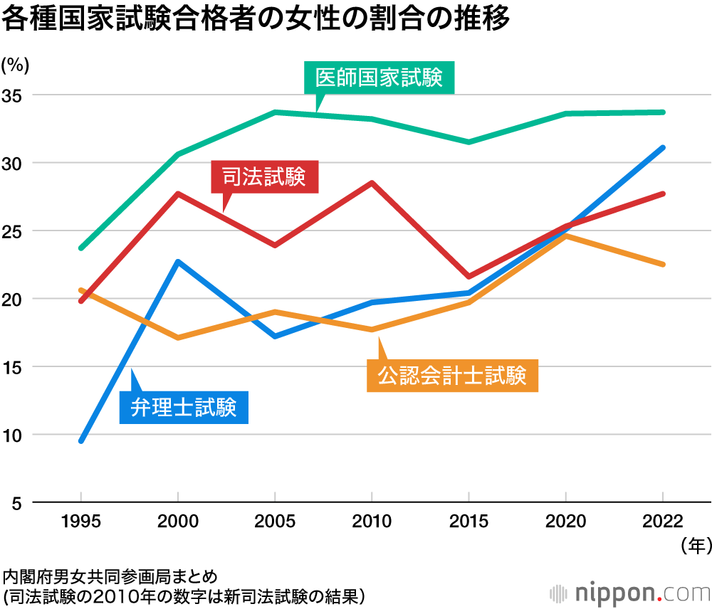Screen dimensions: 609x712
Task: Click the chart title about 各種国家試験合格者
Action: point(256,19)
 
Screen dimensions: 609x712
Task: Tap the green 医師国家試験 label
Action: point(379,78)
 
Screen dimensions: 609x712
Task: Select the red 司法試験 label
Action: point(265,176)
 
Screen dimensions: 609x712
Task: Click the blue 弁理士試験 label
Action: point(184,407)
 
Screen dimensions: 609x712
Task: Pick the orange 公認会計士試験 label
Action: point(451,375)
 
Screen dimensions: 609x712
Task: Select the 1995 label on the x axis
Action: point(81,521)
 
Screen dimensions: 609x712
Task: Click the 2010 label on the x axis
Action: point(372,521)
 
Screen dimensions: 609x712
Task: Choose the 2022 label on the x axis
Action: point(663,521)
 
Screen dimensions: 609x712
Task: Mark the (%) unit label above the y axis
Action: point(15,65)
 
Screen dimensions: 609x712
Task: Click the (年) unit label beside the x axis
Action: point(691,546)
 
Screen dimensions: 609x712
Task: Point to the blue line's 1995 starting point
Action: point(81,441)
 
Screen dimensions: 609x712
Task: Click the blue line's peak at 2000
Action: point(177,262)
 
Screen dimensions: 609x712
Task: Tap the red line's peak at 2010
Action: point(372,183)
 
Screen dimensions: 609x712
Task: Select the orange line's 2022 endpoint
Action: point(663,264)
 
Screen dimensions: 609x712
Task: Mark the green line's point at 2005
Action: point(275,112)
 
